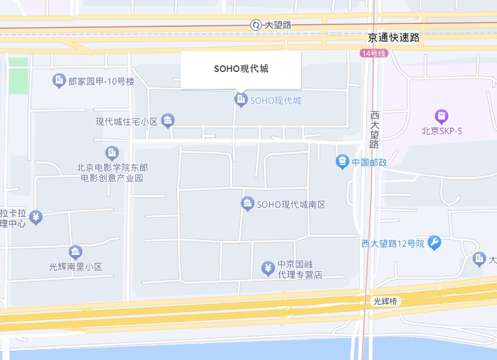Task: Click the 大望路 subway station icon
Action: point(256,25)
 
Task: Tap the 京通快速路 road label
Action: point(394,38)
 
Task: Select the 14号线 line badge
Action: point(374,53)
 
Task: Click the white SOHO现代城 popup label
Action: point(241,69)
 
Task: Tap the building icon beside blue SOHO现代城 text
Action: point(241,100)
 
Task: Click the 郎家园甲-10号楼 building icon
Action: point(59,80)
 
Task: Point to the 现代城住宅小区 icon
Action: point(168,121)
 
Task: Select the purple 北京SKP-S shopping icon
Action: point(442,116)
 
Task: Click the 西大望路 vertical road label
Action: point(375,129)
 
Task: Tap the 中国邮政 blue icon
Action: point(342,161)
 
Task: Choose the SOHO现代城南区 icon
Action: point(248,205)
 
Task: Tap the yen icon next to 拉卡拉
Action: point(36,217)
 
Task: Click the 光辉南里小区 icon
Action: point(76,253)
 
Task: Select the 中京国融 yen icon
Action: point(268,268)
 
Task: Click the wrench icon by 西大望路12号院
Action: point(434,243)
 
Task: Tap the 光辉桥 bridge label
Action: point(385,301)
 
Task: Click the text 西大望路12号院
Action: point(393,244)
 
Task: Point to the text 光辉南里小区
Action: point(76,266)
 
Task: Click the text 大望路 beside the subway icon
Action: point(278,25)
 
